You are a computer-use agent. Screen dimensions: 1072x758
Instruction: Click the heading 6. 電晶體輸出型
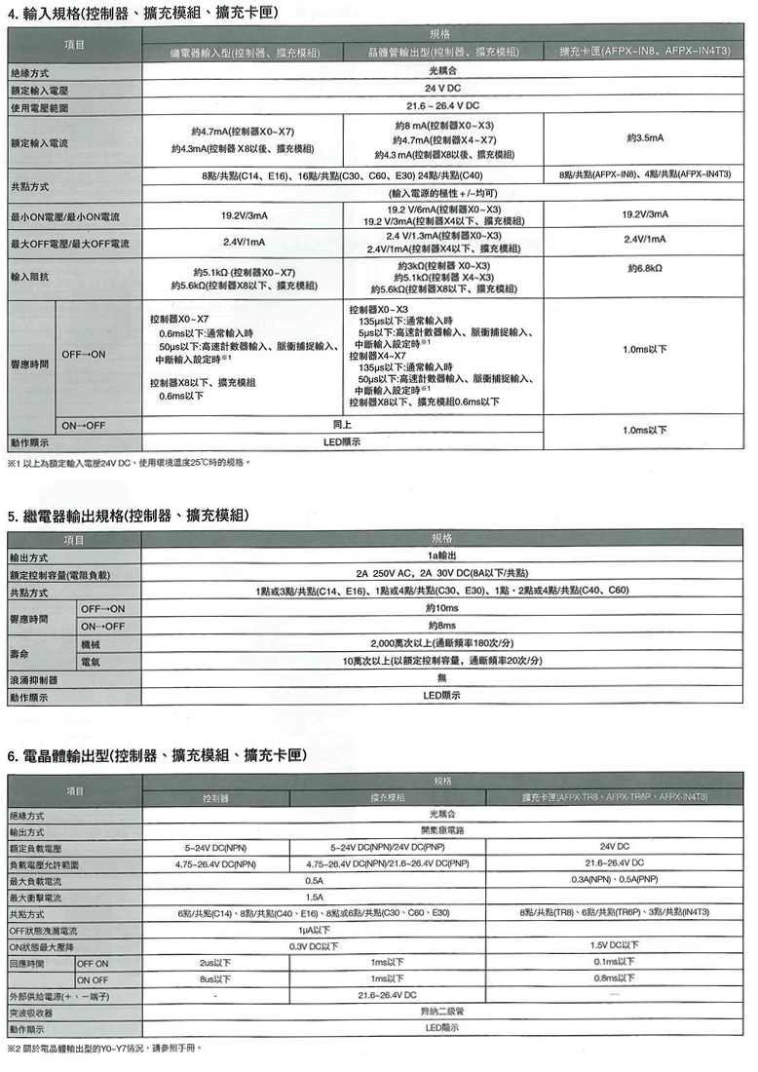pos(156,755)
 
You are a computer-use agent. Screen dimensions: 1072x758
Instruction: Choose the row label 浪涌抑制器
pos(34,679)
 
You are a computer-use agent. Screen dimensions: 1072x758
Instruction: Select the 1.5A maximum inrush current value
pos(314,897)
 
